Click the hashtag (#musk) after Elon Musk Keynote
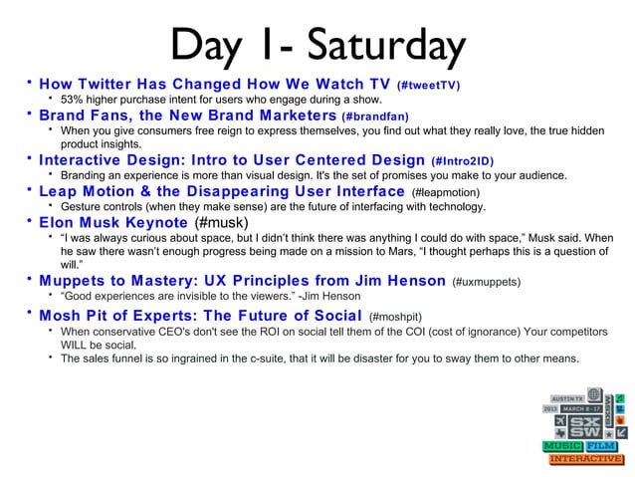click(219, 221)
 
